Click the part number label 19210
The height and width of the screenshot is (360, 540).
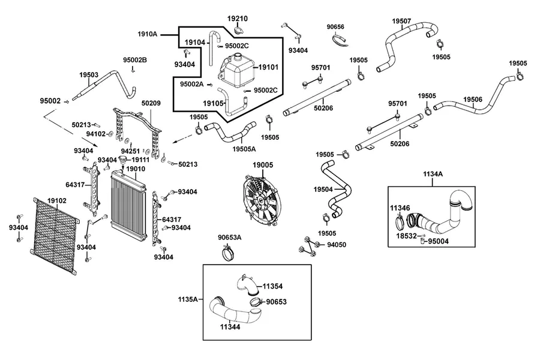[237, 19]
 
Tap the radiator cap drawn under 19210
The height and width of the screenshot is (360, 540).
[239, 30]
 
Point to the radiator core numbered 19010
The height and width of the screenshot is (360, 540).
[128, 206]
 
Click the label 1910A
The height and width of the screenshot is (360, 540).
[148, 34]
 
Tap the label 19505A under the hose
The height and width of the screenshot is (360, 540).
[244, 149]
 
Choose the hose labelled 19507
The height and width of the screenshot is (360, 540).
[407, 41]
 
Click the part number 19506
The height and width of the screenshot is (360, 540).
[473, 100]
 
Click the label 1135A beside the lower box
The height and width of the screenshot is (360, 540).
[188, 299]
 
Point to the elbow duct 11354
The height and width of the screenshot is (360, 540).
[247, 285]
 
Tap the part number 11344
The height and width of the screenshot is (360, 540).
[230, 327]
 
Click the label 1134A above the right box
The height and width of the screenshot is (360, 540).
[433, 174]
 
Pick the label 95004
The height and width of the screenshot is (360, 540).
[439, 241]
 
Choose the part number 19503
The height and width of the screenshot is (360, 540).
[89, 75]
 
